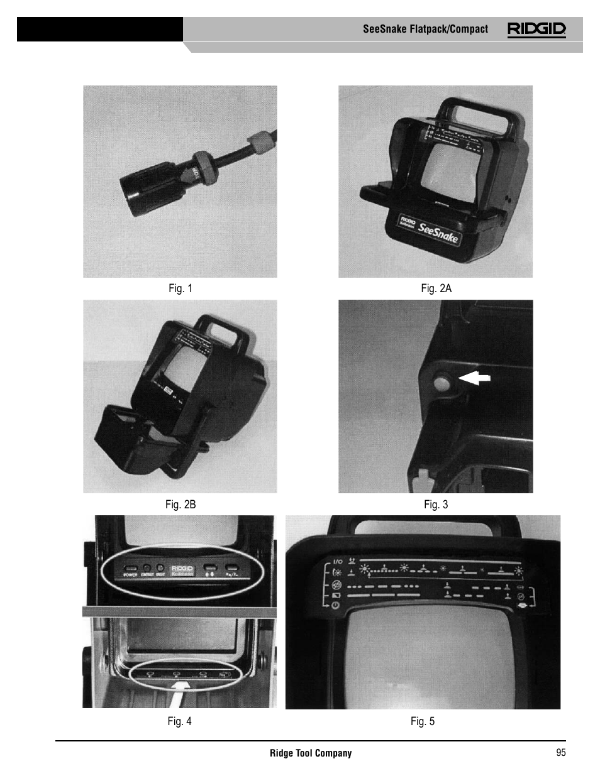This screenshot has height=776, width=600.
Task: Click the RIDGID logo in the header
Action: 536,29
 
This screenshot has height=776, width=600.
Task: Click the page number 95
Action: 560,752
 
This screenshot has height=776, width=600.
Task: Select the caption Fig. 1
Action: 181,288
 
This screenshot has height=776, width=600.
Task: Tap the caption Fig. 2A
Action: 436,288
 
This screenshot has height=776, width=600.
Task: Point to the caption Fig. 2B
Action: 181,505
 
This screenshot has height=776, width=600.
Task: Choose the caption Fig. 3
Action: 436,505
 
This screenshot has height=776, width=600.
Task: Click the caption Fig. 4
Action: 179,721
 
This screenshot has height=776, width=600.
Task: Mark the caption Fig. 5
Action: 423,721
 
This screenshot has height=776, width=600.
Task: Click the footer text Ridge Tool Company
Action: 311,753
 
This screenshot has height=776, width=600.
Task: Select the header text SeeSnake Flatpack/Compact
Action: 425,29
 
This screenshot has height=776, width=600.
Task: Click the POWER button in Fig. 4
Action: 131,568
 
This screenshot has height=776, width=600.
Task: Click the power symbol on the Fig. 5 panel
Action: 336,605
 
